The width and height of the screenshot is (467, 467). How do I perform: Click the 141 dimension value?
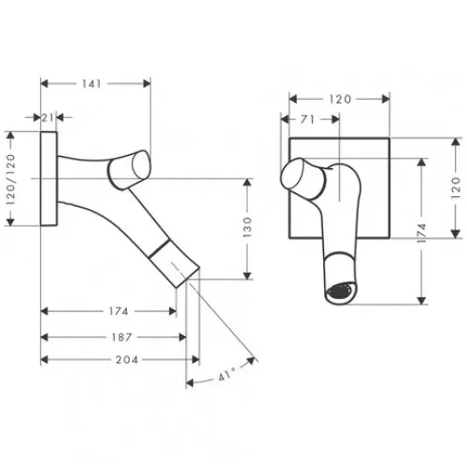coord(92,83)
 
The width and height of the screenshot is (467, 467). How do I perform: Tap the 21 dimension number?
coord(48,118)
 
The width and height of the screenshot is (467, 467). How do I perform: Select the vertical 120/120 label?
coord(10,178)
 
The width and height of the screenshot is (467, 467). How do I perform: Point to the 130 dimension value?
coord(247,227)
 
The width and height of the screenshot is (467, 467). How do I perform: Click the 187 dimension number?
coord(121,337)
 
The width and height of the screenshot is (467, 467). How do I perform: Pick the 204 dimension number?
coord(127,360)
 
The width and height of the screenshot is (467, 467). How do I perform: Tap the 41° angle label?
coord(227,375)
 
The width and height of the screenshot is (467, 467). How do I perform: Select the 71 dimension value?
coord(307,120)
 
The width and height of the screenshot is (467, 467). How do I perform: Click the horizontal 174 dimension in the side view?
coord(119,311)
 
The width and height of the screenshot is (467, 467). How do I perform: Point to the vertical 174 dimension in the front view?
coord(421,233)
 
